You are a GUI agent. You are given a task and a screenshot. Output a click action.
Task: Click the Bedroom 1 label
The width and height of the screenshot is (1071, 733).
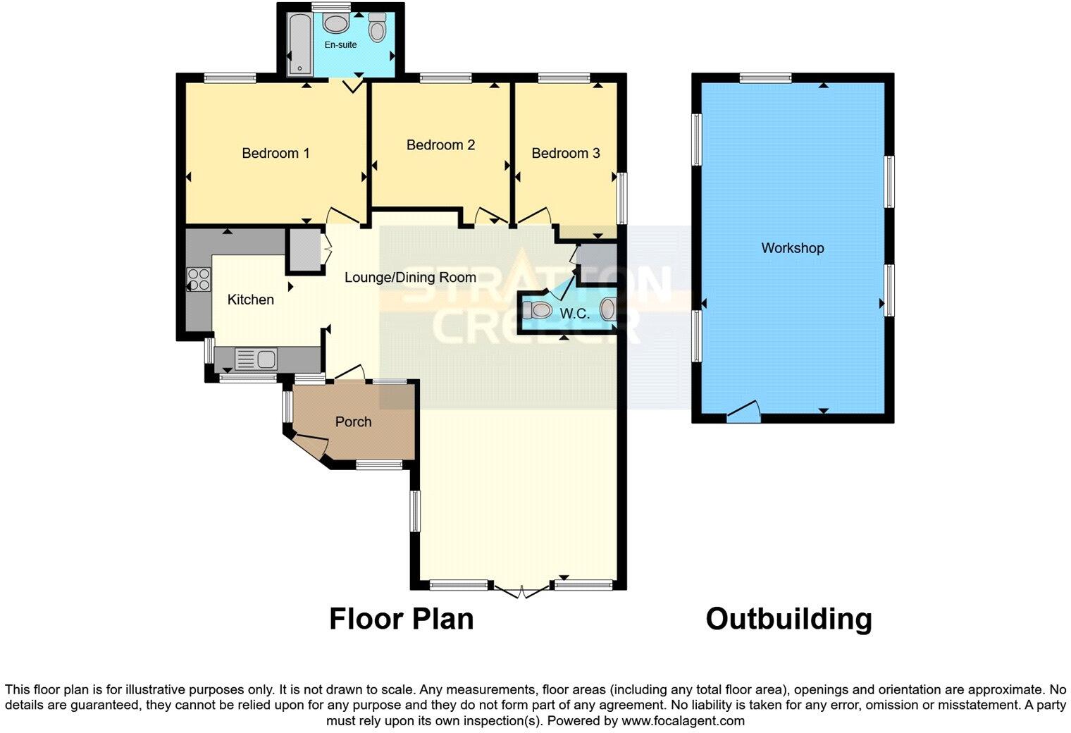(x=276, y=153)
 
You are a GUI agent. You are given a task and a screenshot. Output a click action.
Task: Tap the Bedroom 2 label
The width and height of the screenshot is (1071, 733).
(x=440, y=144)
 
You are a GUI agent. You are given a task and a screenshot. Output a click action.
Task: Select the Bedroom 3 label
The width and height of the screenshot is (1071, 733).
(x=565, y=153)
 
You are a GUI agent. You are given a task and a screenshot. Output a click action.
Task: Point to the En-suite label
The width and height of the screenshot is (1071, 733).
(x=340, y=44)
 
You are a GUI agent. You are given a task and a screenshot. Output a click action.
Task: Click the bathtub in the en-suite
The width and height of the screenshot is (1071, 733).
(x=299, y=42)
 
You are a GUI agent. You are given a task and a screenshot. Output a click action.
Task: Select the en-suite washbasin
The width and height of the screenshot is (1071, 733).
(x=336, y=24)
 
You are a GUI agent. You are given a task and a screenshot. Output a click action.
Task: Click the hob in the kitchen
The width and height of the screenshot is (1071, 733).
(x=198, y=279)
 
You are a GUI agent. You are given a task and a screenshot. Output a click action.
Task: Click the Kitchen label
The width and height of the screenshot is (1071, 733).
(x=250, y=300)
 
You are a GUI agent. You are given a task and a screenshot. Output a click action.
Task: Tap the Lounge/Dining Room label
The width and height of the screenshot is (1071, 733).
(x=410, y=277)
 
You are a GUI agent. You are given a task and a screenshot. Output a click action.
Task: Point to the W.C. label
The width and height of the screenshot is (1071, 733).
(x=574, y=314)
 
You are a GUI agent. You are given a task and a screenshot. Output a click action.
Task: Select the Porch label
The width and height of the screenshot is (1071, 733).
(x=353, y=421)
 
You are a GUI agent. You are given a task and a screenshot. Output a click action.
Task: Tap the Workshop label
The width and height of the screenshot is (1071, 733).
(x=792, y=248)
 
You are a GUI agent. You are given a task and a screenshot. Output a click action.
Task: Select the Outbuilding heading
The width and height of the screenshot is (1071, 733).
(x=788, y=619)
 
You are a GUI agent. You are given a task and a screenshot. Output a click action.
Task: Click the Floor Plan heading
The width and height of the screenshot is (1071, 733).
(x=401, y=619)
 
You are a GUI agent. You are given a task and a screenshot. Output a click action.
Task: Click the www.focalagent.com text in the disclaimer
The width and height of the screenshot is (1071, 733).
(x=683, y=720)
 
